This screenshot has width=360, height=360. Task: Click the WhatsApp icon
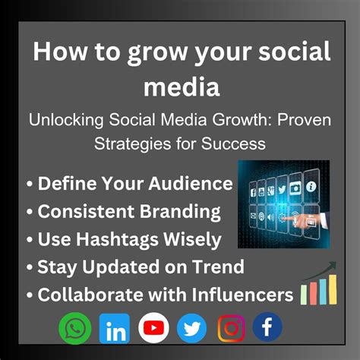tap(74, 328)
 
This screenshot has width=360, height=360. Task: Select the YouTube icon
tap(154, 328)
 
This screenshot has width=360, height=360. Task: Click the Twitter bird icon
tap(191, 328)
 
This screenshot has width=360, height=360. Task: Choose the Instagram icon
tap(231, 328)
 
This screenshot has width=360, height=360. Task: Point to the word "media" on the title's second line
tap(179, 87)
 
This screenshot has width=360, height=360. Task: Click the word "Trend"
tap(216, 267)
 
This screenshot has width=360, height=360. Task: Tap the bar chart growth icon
tap(318, 291)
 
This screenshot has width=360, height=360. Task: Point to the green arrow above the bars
tap(319, 267)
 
